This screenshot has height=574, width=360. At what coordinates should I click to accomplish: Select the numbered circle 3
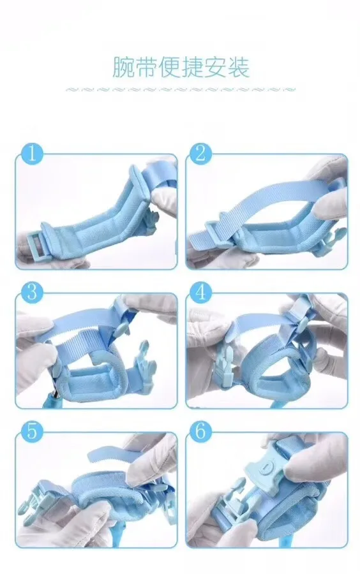tap(32, 293)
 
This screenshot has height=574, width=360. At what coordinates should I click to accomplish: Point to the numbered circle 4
tap(200, 293)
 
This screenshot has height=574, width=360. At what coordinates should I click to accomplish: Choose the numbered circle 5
tap(32, 431)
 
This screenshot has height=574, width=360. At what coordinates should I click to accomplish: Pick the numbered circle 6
tap(200, 431)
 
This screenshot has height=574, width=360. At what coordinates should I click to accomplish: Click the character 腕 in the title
tap(123, 67)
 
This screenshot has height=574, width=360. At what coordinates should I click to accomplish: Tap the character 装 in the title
tap(239, 67)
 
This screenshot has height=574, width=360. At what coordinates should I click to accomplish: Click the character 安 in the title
tap(216, 67)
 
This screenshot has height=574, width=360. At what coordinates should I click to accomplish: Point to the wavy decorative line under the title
tap(180, 89)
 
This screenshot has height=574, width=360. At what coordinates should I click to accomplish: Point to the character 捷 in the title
tap(193, 67)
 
